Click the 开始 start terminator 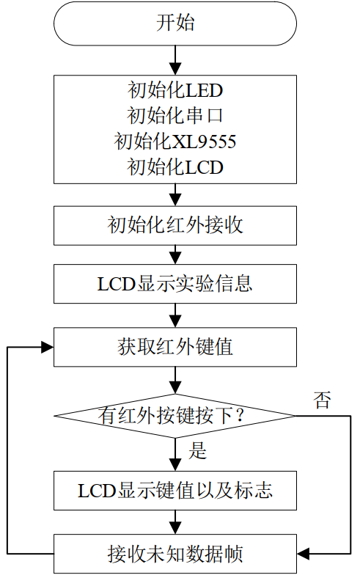tap(175, 23)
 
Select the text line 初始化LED tap(175, 90)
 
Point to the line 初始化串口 tap(175, 116)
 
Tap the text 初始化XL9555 tap(175, 141)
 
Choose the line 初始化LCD tap(175, 167)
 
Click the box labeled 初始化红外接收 tap(175, 226)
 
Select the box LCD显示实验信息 tap(175, 283)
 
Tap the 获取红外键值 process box tap(175, 347)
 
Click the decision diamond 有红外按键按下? tap(175, 416)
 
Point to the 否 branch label tap(323, 400)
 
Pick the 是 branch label tap(198, 450)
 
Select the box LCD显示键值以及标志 tap(175, 491)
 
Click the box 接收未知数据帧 tap(175, 554)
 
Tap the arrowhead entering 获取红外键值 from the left tap(47, 347)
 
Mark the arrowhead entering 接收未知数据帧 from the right tap(304, 554)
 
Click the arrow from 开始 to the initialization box tap(175, 60)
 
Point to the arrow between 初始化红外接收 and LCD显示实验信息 tap(175, 255)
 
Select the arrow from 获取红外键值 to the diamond tap(175, 381)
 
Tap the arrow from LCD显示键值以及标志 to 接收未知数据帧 tap(175, 522)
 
